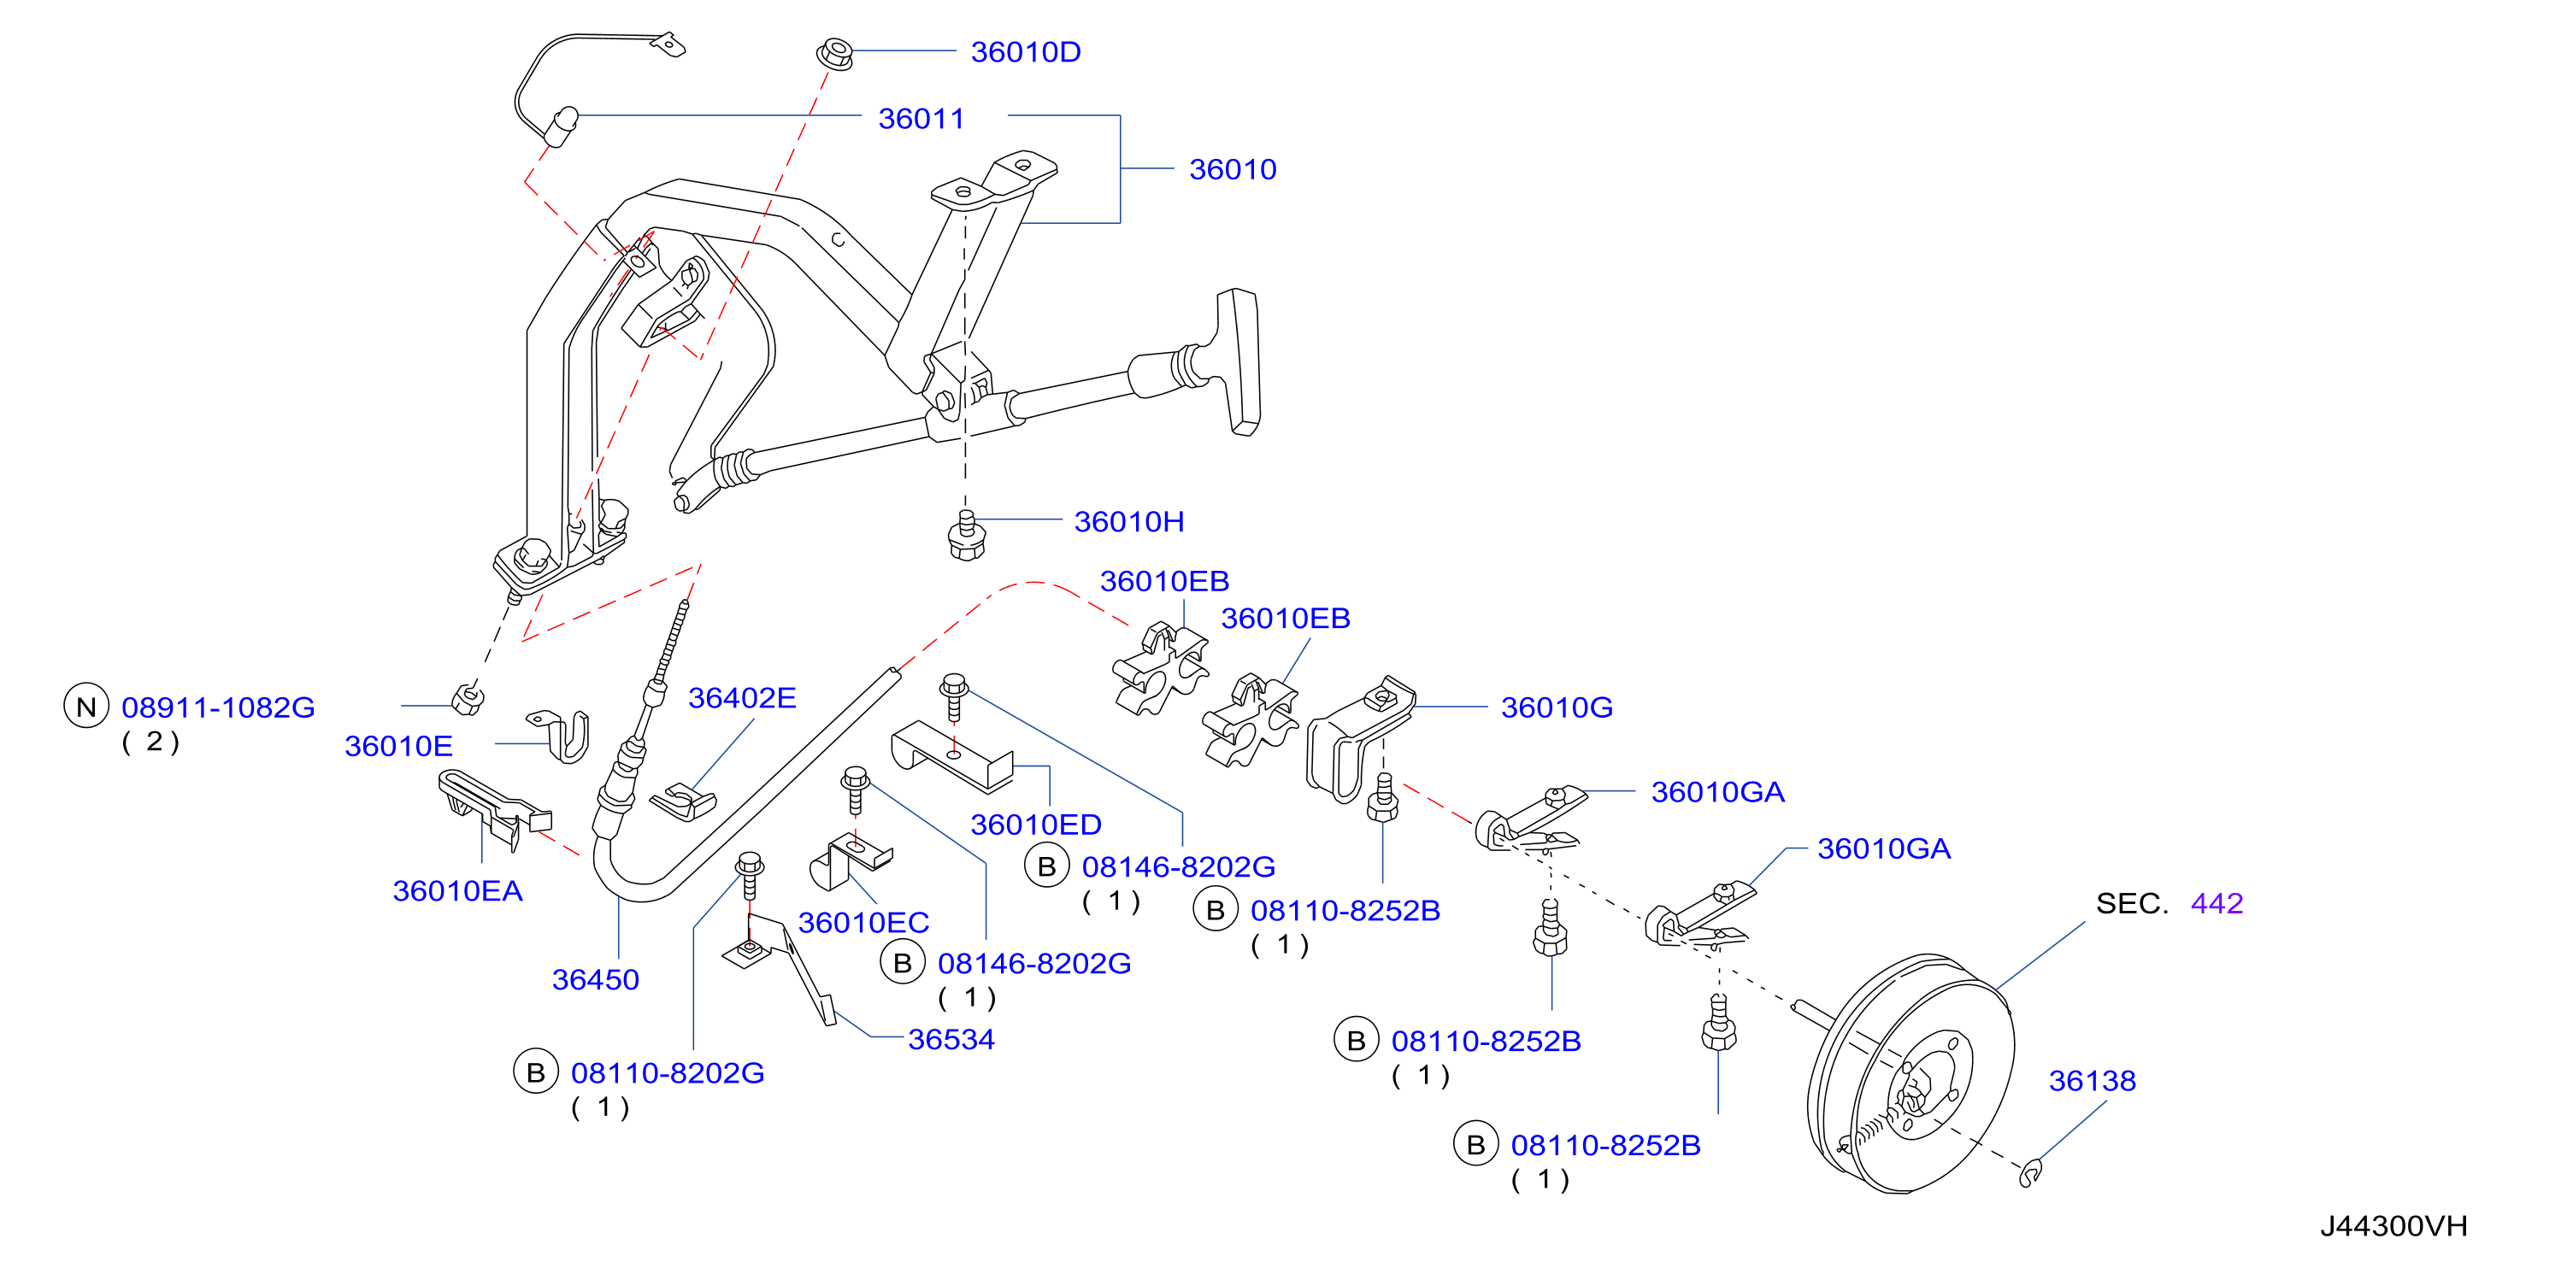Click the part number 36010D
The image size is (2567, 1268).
click(1026, 52)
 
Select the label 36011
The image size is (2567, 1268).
click(921, 119)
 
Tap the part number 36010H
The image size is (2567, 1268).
click(1129, 521)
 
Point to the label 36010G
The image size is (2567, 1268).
click(1557, 707)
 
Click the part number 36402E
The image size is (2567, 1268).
click(742, 697)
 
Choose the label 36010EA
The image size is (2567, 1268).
click(457, 890)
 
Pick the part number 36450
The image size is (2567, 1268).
click(596, 979)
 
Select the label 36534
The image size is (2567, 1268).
click(951, 1039)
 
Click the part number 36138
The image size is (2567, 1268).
click(2093, 1081)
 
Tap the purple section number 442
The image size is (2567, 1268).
click(2217, 903)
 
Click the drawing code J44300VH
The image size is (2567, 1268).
click(2393, 1226)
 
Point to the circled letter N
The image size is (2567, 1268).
click(86, 707)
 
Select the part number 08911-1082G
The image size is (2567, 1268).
click(218, 707)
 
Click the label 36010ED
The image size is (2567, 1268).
click(1036, 825)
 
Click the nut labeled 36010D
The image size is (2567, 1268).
click(835, 53)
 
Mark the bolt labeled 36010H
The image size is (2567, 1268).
click(966, 536)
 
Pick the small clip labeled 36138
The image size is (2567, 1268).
click(2030, 1173)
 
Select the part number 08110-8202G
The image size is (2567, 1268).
click(668, 1073)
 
